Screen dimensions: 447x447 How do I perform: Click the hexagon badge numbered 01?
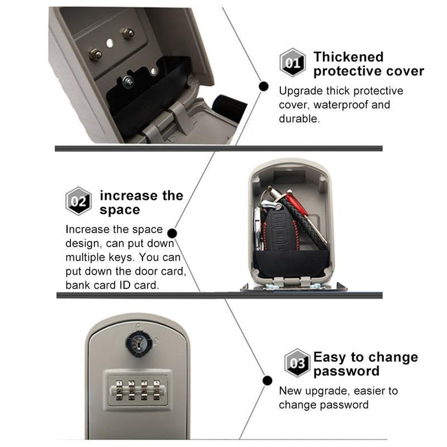[x=292, y=63]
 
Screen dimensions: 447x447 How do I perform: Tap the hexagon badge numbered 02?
[x=79, y=201]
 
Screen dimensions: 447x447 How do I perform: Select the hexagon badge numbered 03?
[x=297, y=363]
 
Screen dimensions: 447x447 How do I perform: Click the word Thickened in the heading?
[x=348, y=57]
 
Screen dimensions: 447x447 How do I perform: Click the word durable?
[x=300, y=119]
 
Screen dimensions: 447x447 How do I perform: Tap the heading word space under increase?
[x=119, y=209]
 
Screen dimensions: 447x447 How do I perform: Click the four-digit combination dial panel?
[x=138, y=390]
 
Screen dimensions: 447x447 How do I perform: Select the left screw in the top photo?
[x=95, y=54]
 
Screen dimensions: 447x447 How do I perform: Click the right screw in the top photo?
[x=128, y=33]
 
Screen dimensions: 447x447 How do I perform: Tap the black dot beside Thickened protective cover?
[x=262, y=85]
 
